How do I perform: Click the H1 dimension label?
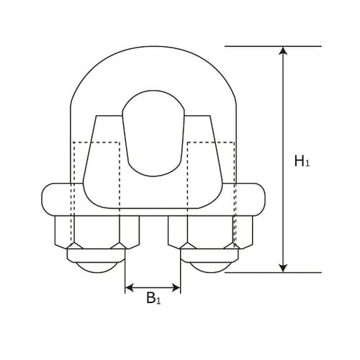point(302,161)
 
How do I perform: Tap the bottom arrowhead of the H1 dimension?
point(283,267)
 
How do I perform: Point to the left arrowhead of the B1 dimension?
point(130,288)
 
